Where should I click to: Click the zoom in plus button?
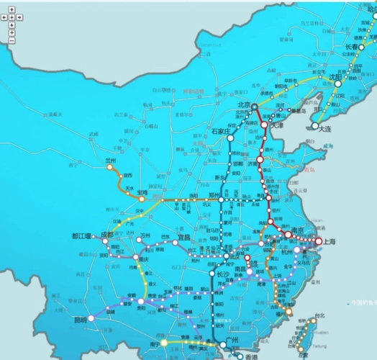pos(12,32)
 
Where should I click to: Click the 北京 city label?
pos(245,104)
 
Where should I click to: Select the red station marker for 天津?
pos(264,125)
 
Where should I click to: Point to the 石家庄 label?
pos(220,132)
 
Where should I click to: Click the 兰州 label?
pos(110,161)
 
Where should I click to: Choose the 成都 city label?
pos(107,235)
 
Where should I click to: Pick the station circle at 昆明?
pos(91,318)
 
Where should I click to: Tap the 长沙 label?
pos(222,274)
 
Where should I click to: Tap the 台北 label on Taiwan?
pos(320,315)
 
